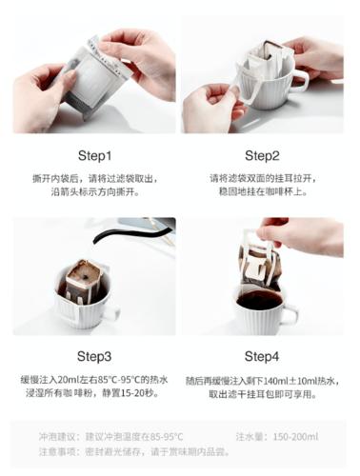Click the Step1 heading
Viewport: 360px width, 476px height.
pos(95,155)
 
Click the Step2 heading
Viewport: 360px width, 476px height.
pos(262,155)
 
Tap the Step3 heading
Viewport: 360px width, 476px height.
pos(95,357)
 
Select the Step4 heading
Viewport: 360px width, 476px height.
pos(262,357)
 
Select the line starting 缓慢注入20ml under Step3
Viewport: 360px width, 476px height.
pos(95,379)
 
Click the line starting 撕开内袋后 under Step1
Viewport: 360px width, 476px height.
pos(95,178)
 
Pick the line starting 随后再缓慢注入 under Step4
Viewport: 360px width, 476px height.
pos(262,379)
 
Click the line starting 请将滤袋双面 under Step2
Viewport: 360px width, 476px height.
pos(262,178)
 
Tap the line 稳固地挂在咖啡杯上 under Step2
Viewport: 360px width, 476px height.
pos(262,192)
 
